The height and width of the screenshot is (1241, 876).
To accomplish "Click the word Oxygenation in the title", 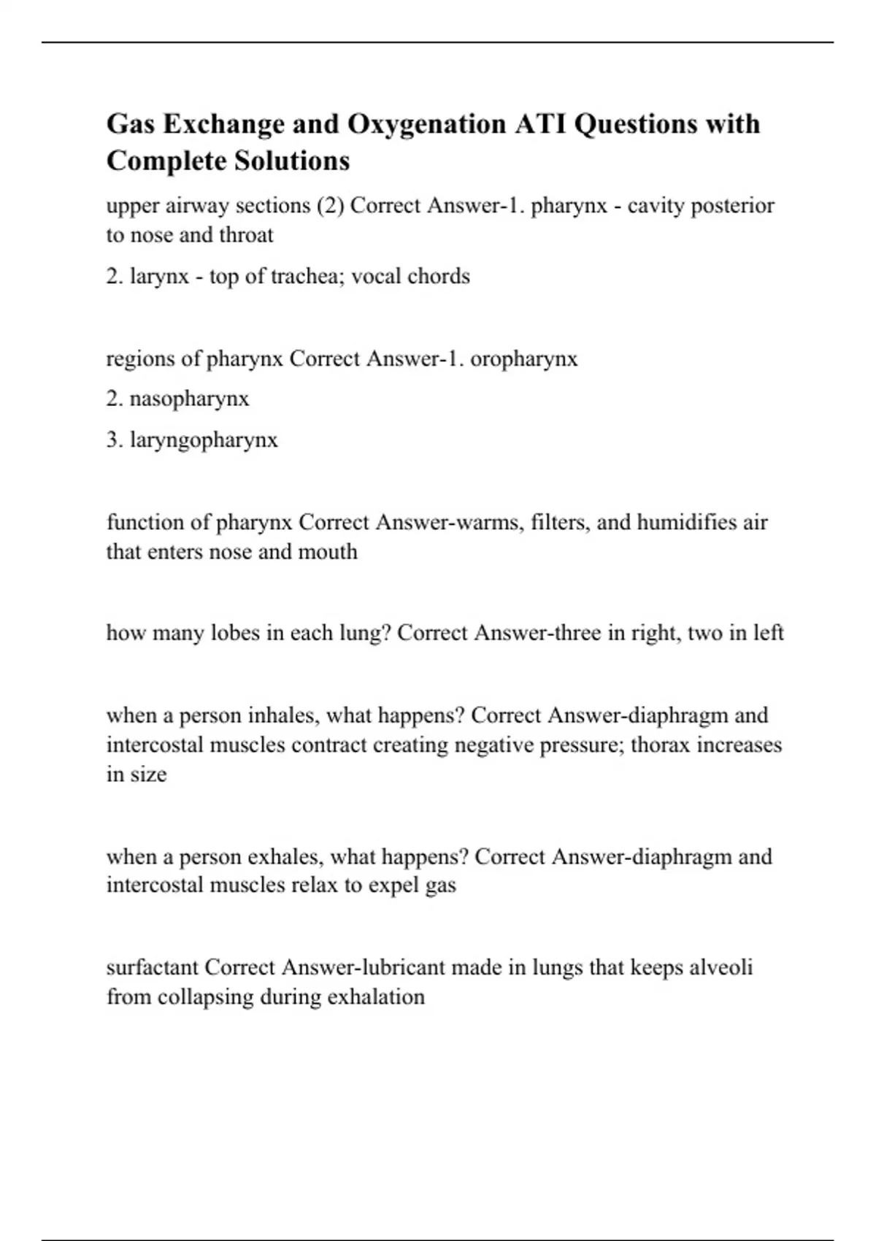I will click(x=426, y=125).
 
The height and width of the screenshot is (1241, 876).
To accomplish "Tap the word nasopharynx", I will click(x=189, y=399).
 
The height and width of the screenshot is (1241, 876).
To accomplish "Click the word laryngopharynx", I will click(x=204, y=440).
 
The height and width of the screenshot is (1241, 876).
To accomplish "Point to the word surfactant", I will click(x=153, y=968).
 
